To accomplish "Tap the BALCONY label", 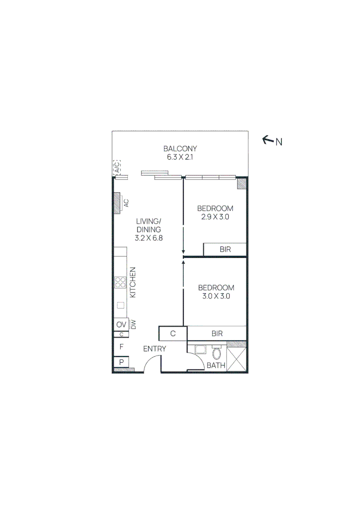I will pos(180,148).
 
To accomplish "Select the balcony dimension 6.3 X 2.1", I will pos(180,157).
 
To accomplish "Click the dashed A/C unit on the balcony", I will pos(117,167).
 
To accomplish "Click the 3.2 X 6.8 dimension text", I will pos(149,238).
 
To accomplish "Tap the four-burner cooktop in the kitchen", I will pos(120,282).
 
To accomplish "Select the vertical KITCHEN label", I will pos(133,282).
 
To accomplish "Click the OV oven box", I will pos(121,325).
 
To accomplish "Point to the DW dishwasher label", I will pos(134,325).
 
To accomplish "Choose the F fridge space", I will pos(121,347).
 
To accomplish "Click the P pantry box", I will pos(121,362).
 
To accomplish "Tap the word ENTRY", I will pos(155,349).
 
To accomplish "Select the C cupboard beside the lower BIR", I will pos(173,333).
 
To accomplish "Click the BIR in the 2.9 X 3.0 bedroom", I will pos(225,249).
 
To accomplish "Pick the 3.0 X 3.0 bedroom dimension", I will pos(216,297).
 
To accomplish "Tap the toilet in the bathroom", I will pos(217,354).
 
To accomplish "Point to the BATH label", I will pos(216,365).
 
